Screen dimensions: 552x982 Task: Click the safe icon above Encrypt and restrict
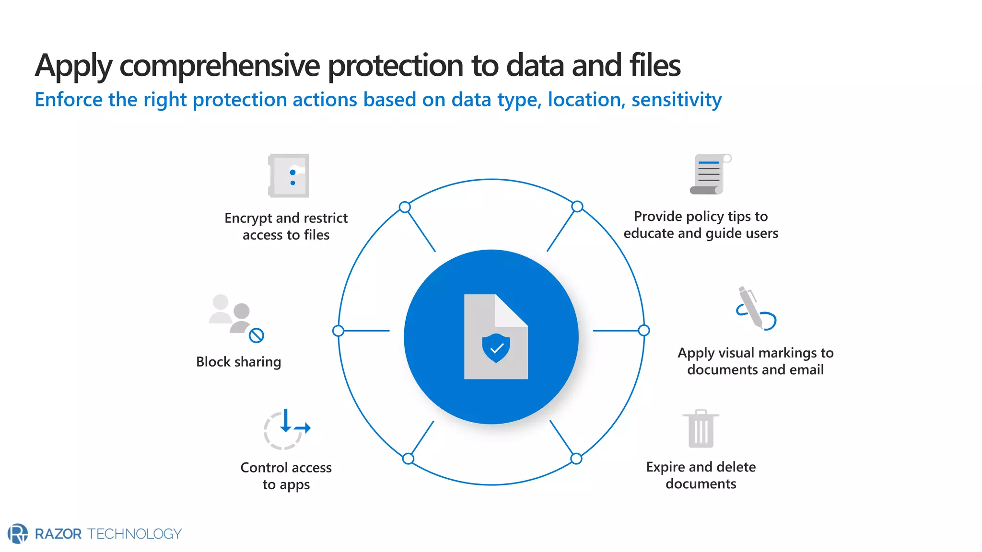289,176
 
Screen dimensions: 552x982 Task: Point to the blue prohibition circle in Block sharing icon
257,335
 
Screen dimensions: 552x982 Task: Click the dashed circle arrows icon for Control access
285,429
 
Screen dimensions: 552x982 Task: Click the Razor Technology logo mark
18,533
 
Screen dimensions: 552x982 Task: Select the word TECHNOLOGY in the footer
134,534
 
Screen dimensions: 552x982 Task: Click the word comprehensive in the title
219,66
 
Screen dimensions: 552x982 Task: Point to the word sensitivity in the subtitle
676,100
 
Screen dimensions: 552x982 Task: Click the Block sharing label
238,362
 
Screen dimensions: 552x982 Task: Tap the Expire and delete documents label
701,475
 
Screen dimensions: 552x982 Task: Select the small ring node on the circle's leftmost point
338,331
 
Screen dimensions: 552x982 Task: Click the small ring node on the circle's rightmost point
644,330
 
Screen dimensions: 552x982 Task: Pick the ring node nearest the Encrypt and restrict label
405,207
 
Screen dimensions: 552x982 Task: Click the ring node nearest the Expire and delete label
576,459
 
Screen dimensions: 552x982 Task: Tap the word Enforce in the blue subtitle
69,100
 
